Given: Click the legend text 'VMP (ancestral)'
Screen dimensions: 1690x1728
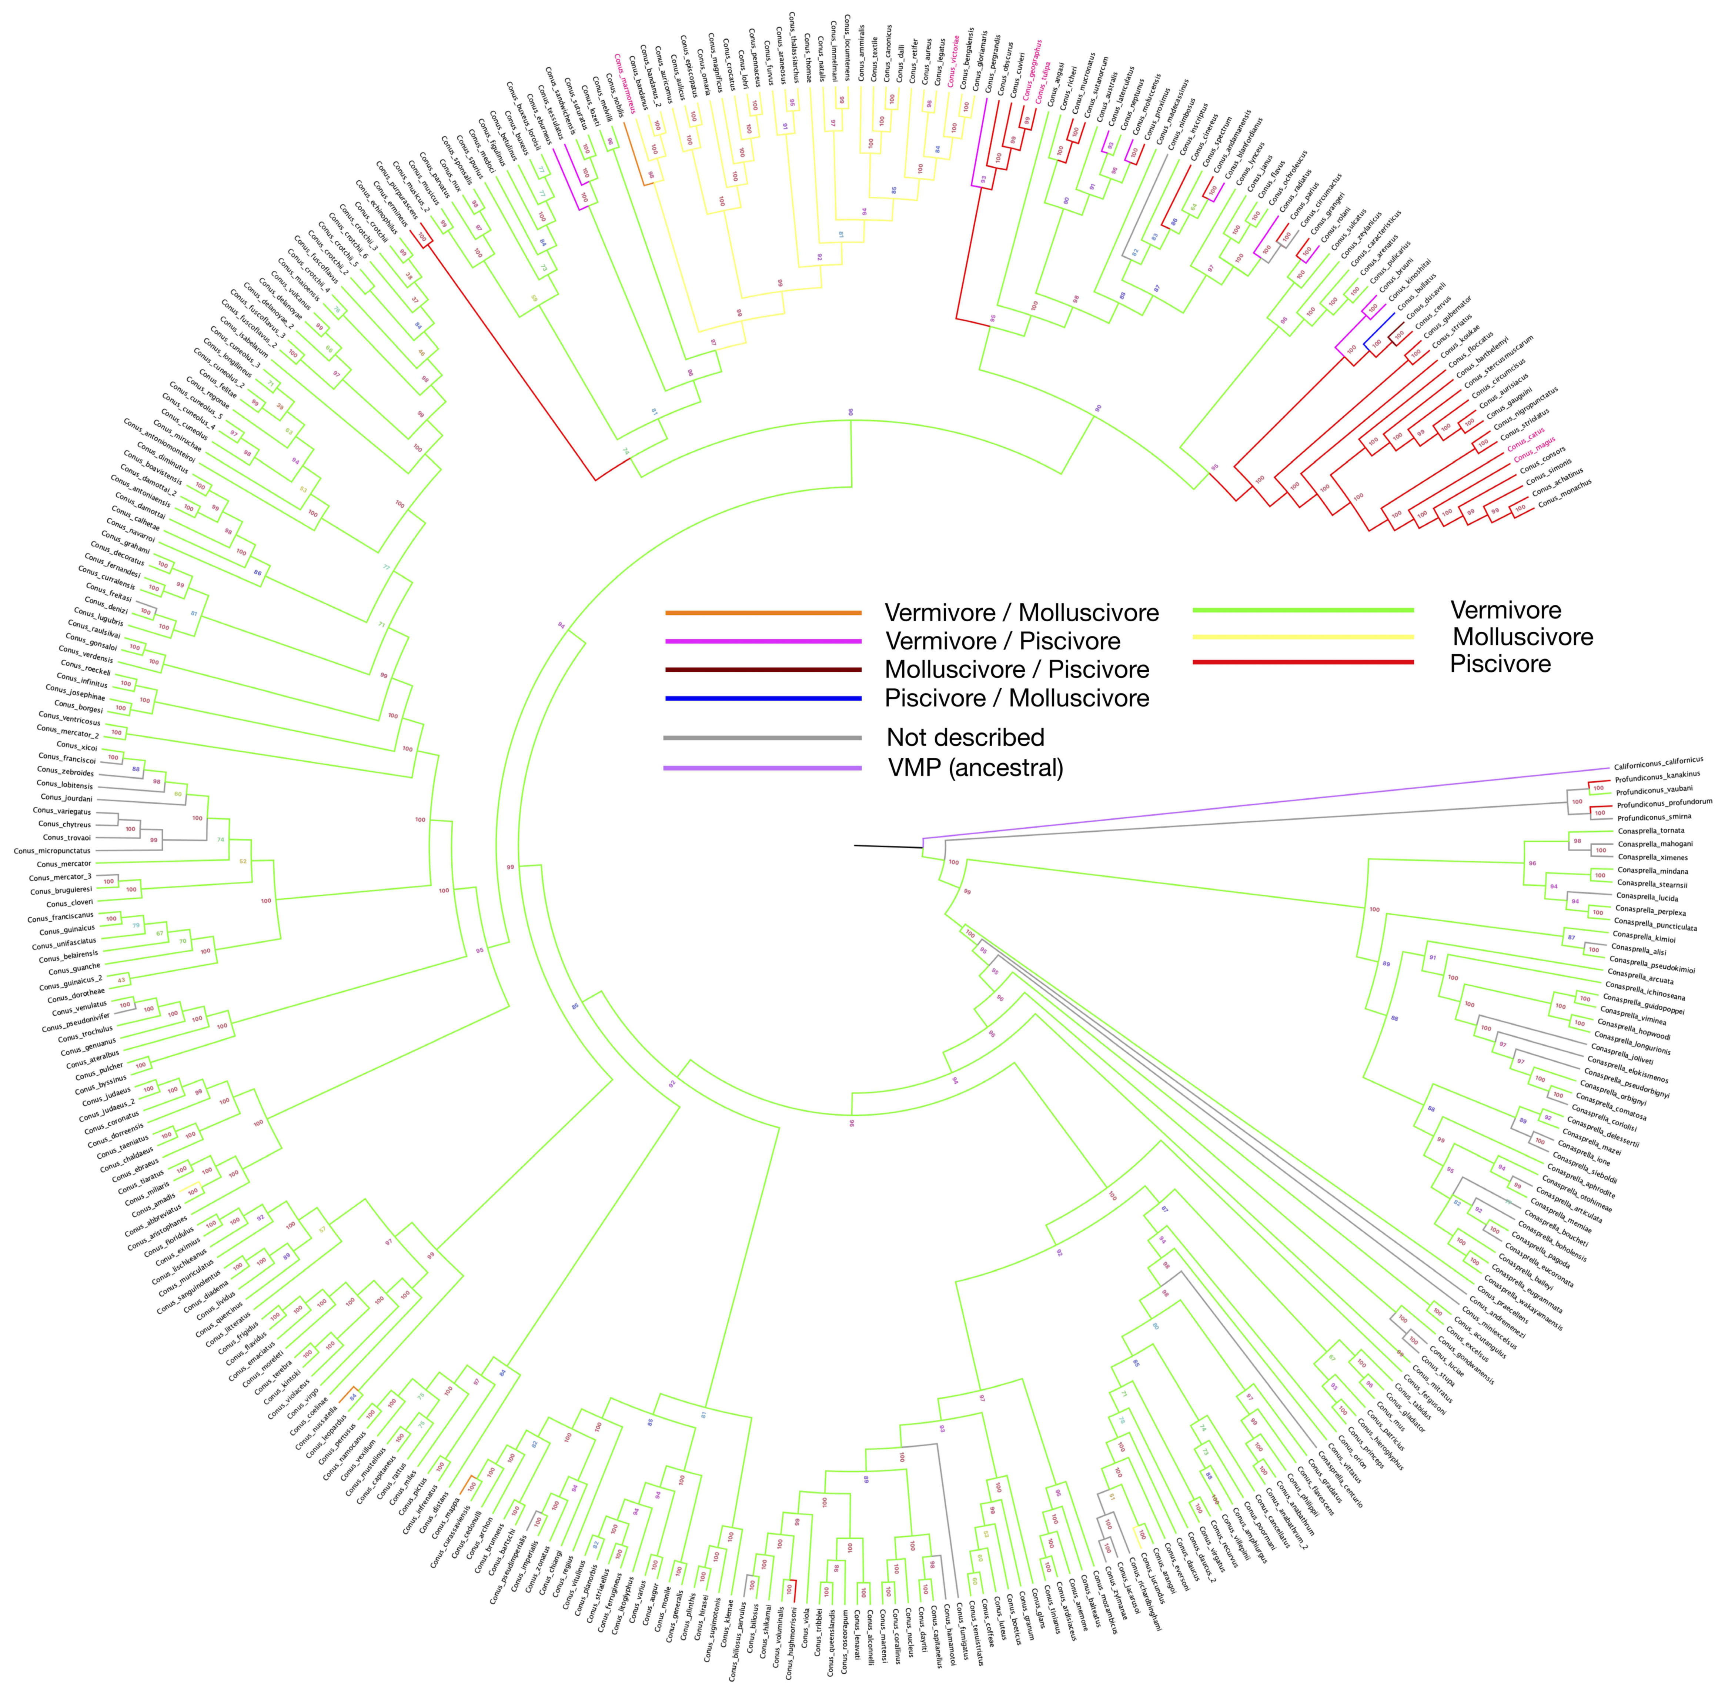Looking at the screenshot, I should pyautogui.click(x=975, y=768).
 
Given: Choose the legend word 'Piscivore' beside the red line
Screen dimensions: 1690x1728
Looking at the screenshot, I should pyautogui.click(x=1500, y=664).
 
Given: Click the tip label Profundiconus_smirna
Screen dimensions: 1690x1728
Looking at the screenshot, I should pyautogui.click(x=1654, y=816).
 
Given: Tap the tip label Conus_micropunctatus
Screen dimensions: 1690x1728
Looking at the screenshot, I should pyautogui.click(x=51, y=850).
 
